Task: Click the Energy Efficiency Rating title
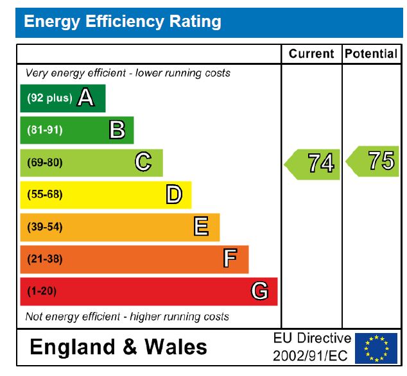(122, 22)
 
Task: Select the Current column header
(311, 54)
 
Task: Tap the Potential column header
(371, 54)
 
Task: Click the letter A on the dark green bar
(86, 98)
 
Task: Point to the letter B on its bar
(117, 130)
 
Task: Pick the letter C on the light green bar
(143, 162)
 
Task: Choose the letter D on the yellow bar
(174, 194)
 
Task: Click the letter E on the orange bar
(201, 226)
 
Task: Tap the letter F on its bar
(230, 259)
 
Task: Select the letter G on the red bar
(259, 291)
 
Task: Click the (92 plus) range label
(49, 98)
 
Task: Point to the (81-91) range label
(44, 130)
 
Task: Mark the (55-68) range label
(44, 194)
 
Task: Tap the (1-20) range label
(42, 291)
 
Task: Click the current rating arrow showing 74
(313, 164)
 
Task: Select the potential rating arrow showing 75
(374, 160)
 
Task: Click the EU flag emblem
(376, 348)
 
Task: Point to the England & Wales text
(119, 347)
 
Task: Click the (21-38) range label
(44, 259)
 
